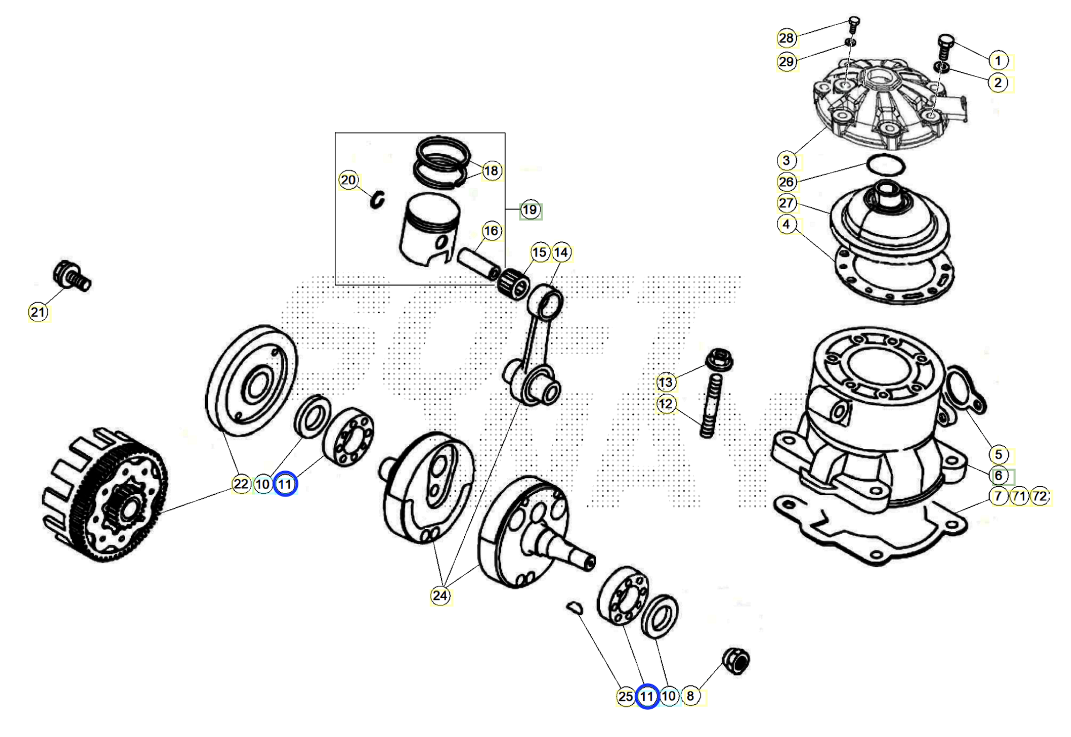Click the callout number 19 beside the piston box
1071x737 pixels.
point(530,210)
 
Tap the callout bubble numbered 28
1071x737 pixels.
point(786,38)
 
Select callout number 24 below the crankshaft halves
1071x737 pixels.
point(440,596)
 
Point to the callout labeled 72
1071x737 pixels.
point(1039,497)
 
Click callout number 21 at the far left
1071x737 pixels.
point(38,312)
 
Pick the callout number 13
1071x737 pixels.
point(666,382)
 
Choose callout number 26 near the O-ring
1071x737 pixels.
point(786,182)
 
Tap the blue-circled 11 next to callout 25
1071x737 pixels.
point(647,696)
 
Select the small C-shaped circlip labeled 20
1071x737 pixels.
point(378,199)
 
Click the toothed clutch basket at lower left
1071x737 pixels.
point(104,495)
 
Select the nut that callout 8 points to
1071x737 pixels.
point(736,661)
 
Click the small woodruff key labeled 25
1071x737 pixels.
point(574,607)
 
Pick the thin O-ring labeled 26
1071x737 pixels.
point(886,165)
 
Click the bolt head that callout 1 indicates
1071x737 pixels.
point(946,41)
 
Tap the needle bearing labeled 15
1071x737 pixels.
point(513,284)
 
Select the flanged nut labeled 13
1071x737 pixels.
point(719,359)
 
